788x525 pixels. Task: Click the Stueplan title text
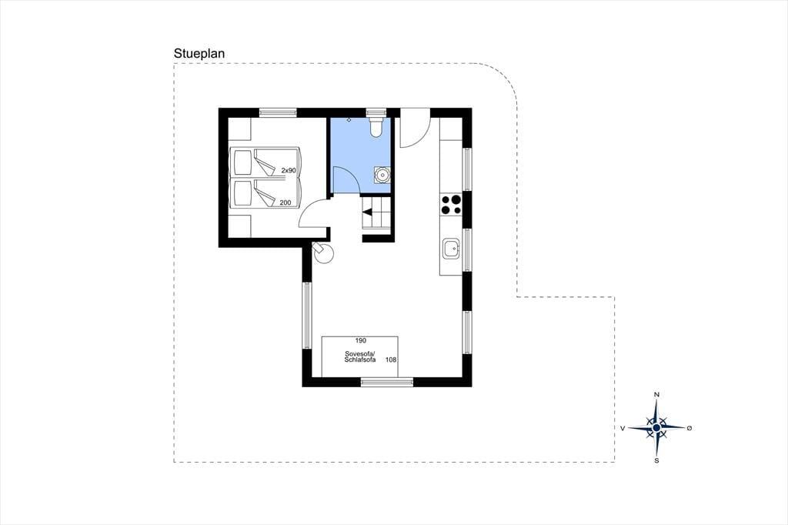(199, 53)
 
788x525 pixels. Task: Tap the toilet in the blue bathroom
(376, 126)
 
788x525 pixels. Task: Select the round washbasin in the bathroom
(382, 175)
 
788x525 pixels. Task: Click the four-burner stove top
(451, 205)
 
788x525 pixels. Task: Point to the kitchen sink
(451, 249)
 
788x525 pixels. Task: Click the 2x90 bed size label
(289, 170)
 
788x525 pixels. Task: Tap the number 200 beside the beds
(285, 202)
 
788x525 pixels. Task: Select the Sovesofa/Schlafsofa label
(360, 356)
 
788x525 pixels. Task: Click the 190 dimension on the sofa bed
(360, 340)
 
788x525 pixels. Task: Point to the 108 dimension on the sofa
(391, 359)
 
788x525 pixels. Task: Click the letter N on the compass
(656, 395)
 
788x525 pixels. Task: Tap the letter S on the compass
(656, 460)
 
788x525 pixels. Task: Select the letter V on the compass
(623, 428)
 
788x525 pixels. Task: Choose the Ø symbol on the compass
(689, 428)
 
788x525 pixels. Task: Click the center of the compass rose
(656, 427)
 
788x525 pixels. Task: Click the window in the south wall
(387, 382)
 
